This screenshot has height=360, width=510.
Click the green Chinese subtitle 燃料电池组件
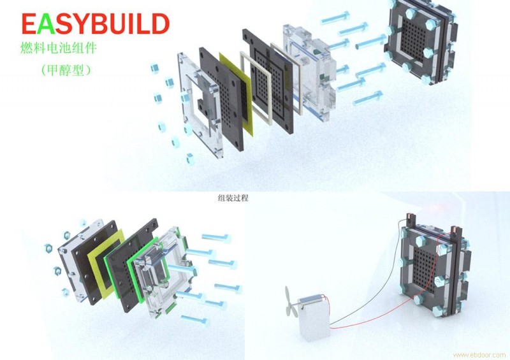click(x=59, y=48)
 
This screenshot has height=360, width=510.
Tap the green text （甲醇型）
click(x=66, y=70)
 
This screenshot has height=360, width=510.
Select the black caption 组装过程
click(x=233, y=198)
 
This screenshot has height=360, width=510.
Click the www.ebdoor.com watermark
click(x=479, y=354)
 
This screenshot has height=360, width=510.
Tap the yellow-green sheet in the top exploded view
click(x=235, y=91)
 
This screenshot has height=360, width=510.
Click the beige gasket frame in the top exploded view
click(x=256, y=88)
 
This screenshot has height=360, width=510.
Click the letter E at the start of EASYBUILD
click(x=29, y=24)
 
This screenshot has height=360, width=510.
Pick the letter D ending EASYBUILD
click(x=160, y=24)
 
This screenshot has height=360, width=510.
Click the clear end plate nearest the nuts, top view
click(x=199, y=104)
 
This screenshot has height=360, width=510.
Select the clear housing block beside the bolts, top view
click(x=309, y=72)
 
